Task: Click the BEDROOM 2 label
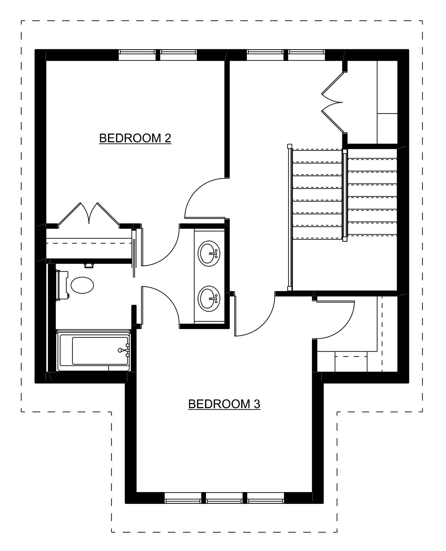(x=135, y=138)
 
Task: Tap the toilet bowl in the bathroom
(x=82, y=285)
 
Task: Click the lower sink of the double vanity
(x=209, y=299)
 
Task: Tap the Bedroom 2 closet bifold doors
(x=89, y=214)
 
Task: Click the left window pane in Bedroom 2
(x=137, y=55)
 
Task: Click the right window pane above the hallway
(x=307, y=55)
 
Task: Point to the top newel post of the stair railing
(x=289, y=146)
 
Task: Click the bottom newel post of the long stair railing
(x=289, y=289)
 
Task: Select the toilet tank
(x=62, y=285)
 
